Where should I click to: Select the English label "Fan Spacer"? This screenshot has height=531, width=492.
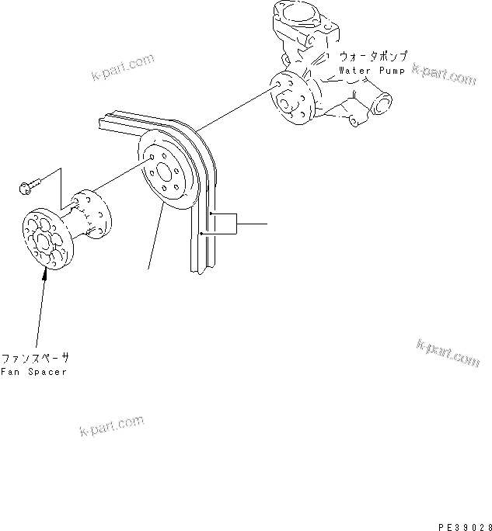[33, 372]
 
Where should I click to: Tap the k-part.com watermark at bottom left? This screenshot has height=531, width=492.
[111, 425]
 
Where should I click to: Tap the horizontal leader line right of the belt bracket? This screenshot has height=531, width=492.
[252, 224]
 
